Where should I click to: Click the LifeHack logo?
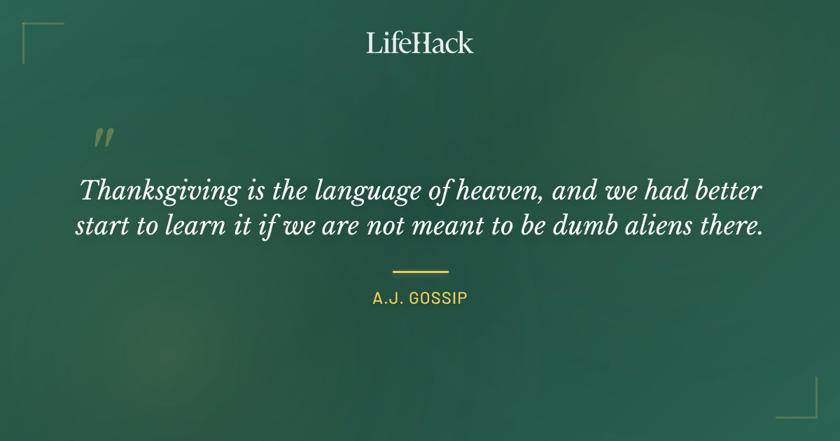pos(420,43)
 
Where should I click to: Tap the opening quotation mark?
pos(104,138)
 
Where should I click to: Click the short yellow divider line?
pos(420,272)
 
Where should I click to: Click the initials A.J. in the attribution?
pos(387,299)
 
